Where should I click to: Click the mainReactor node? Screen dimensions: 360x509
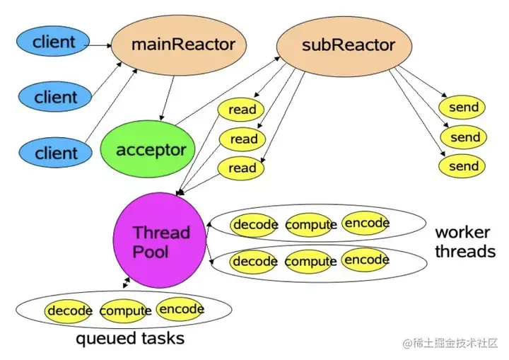183,45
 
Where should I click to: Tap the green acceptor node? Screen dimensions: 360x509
150,150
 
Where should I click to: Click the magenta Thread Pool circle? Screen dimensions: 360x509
161,241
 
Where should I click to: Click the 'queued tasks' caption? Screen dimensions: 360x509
130,339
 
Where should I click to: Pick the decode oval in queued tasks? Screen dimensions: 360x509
70,310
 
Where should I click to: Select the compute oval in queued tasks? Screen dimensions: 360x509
126,310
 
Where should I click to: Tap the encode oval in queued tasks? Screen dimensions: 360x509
182,309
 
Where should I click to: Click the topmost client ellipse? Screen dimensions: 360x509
54,42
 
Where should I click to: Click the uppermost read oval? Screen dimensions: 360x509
242,110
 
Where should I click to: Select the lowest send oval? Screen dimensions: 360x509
464,167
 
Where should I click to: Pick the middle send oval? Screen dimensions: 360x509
464,137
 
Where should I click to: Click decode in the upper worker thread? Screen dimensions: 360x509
255,225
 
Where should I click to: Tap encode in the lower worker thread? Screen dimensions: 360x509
366,260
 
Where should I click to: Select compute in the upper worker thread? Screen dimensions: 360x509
310,225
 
